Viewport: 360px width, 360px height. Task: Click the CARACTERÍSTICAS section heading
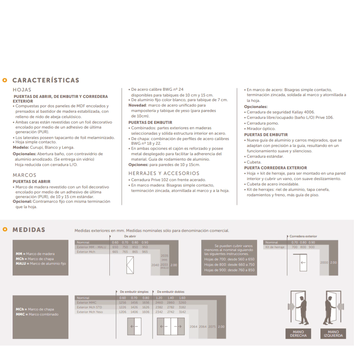[46, 80]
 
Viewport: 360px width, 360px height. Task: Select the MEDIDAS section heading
[29, 230]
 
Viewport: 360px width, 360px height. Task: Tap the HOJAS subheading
[22, 90]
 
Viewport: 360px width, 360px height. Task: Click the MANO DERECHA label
[298, 334]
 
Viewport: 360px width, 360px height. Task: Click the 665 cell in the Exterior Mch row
[115, 252]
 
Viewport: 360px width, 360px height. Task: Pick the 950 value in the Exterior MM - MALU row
[145, 247]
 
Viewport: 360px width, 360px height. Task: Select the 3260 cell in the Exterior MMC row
[182, 303]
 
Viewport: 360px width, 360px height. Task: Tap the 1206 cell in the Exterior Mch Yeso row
[123, 312]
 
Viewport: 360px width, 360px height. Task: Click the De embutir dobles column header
[171, 292]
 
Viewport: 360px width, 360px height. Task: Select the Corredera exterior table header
[303, 236]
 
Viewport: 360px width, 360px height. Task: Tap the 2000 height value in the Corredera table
[324, 263]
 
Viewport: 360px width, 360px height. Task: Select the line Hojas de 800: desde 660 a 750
[229, 264]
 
